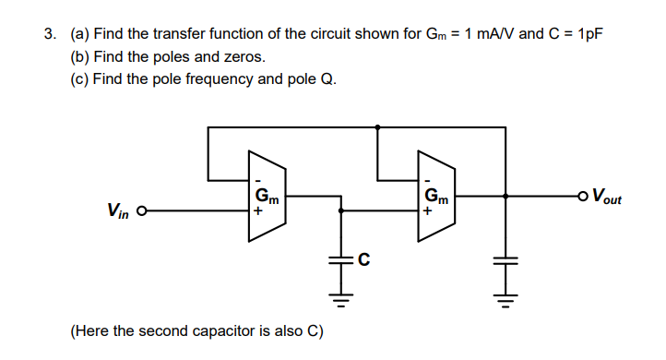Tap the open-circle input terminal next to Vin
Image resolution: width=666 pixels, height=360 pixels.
click(141, 211)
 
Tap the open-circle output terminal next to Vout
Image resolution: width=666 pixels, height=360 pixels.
click(580, 196)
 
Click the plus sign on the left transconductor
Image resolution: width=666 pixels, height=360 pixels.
click(259, 211)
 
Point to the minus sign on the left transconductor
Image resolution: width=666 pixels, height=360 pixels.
click(259, 179)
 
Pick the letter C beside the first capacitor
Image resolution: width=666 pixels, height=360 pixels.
click(363, 259)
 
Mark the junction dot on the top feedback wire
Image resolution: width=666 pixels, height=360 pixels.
click(378, 127)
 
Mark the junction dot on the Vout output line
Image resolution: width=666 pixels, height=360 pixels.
click(506, 196)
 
